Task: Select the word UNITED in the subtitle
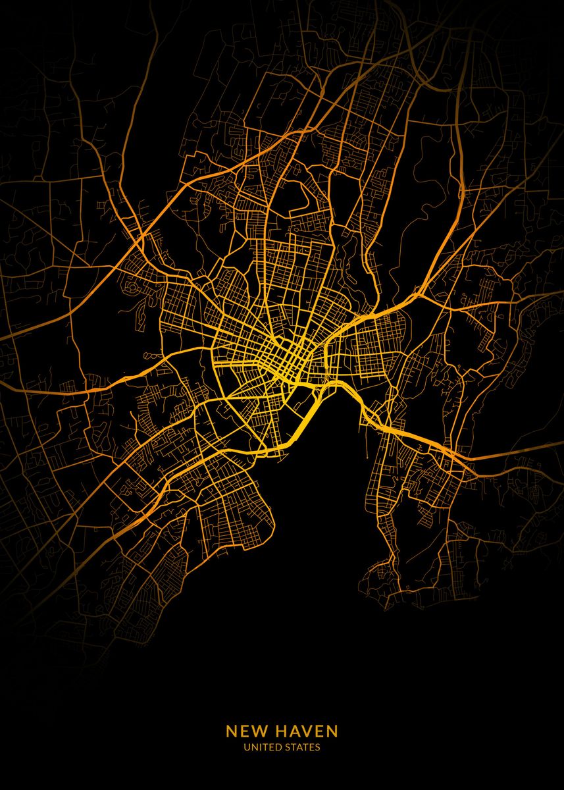[261, 747]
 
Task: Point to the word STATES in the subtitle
[302, 747]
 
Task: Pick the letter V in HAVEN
[305, 731]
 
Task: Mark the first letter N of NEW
[231, 731]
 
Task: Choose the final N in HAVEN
[332, 731]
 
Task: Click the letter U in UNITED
[246, 747]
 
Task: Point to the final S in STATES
[318, 747]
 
